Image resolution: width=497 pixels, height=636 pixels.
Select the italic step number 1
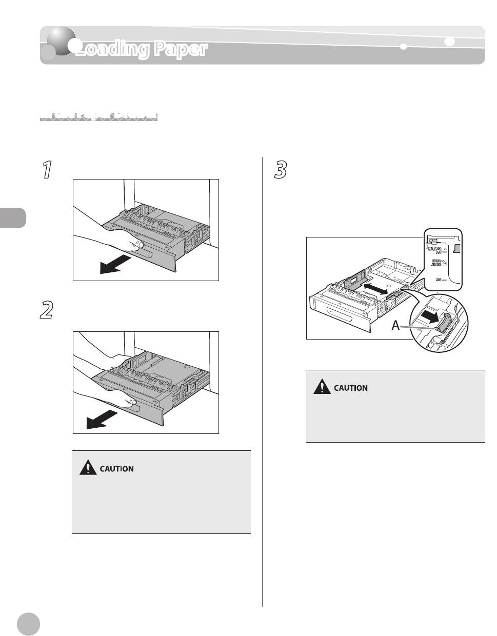pos(47,170)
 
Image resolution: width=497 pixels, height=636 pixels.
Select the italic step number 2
pos(47,310)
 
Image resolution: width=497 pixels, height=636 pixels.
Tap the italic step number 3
pos(281,170)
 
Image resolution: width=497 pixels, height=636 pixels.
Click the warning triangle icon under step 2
pos(88,467)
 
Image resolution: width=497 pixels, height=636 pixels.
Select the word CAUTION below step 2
pos(116,469)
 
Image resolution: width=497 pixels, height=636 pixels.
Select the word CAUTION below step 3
pos(351,388)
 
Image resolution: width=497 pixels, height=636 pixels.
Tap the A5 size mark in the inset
pos(439,280)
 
